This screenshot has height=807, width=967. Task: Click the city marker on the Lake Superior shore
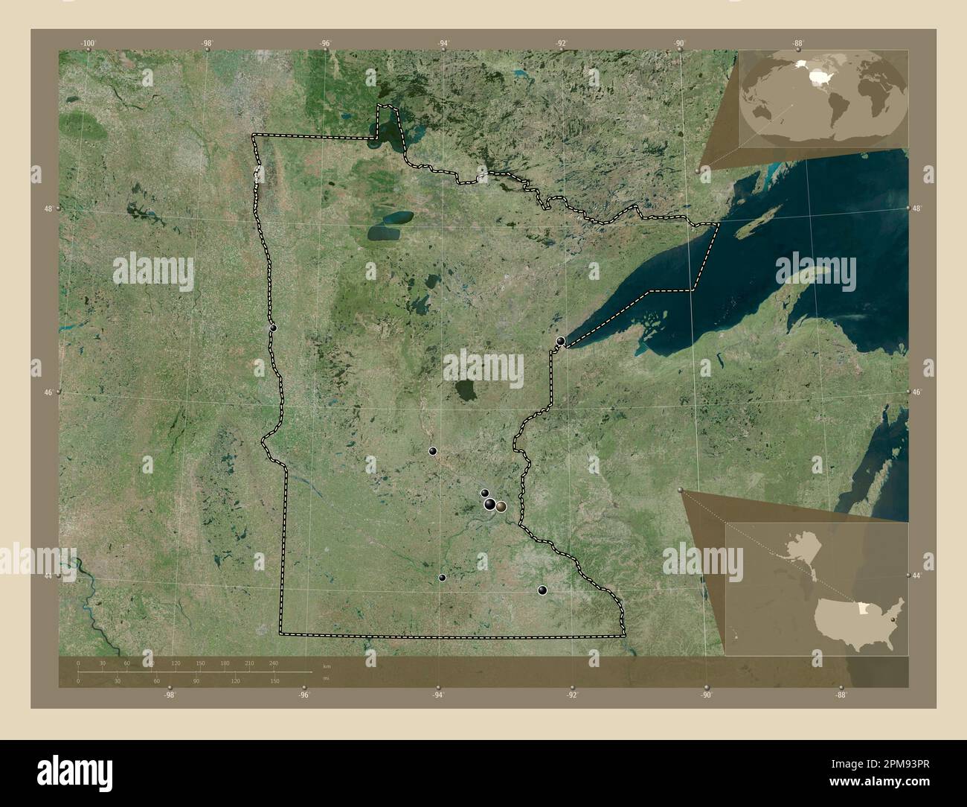(x=561, y=341)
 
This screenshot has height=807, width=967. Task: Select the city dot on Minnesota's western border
(x=273, y=328)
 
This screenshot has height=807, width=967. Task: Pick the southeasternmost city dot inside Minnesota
(x=542, y=590)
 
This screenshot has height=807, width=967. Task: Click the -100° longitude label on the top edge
(x=89, y=44)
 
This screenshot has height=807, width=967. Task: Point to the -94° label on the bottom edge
(x=438, y=695)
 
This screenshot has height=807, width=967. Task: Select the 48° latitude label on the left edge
(x=48, y=209)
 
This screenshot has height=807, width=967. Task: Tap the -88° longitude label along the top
(x=798, y=44)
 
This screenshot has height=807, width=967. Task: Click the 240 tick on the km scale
(x=273, y=663)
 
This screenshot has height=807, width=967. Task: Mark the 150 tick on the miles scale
(x=274, y=680)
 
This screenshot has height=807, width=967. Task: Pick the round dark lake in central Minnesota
(x=467, y=389)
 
